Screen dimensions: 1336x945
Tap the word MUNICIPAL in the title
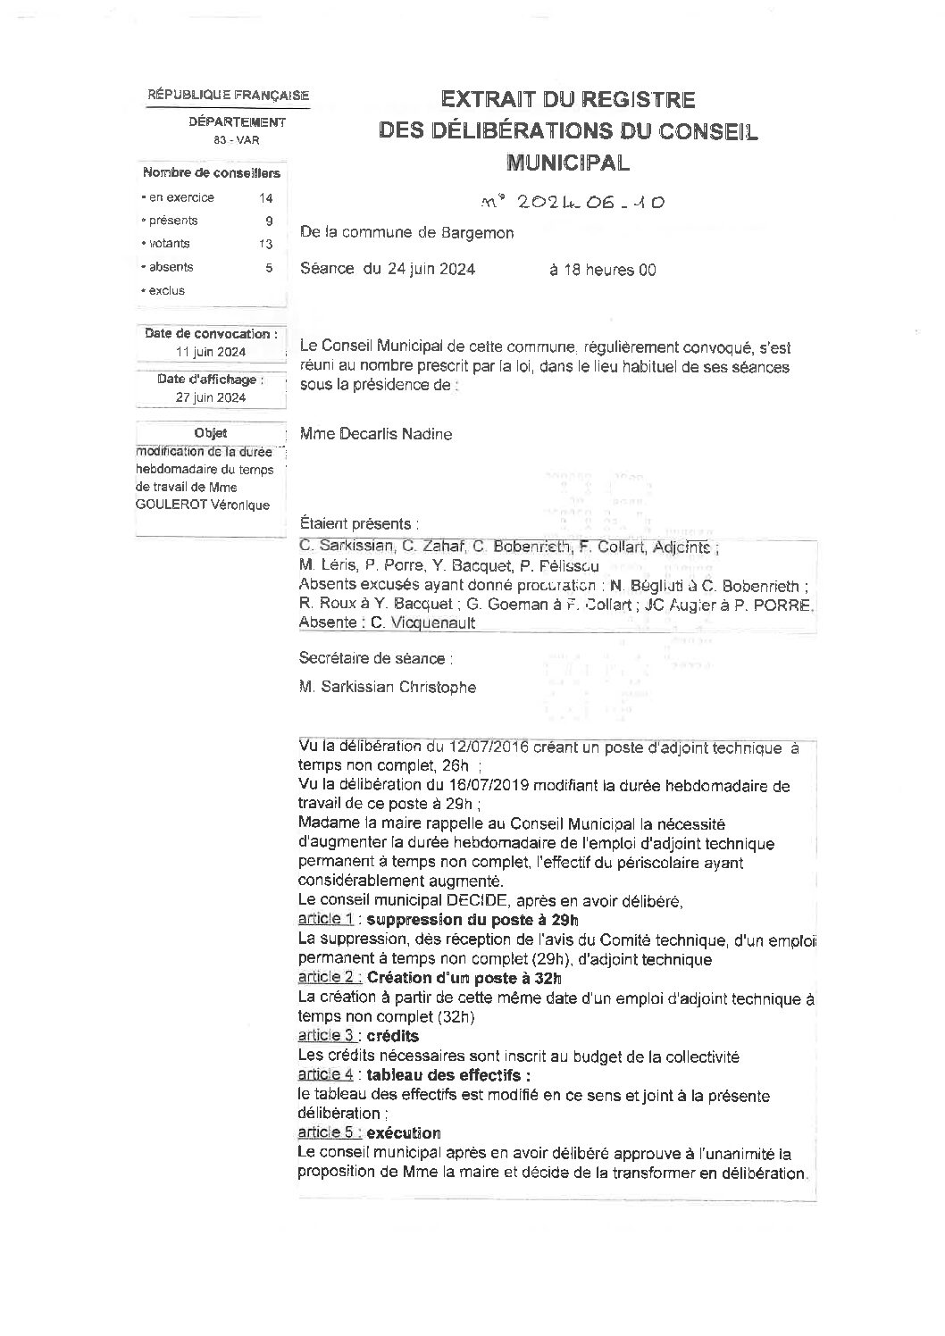[x=567, y=163]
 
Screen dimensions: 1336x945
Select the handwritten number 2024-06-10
[x=572, y=203]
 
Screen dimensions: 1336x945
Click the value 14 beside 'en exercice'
[x=266, y=198]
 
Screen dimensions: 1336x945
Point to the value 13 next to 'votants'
[x=265, y=244]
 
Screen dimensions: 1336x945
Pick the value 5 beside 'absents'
[x=268, y=267]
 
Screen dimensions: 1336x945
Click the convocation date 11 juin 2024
[x=211, y=352]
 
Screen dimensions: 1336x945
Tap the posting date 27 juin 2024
[x=211, y=397]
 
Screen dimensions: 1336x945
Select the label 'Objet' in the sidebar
[x=211, y=433]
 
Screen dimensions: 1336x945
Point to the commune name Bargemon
[x=478, y=233]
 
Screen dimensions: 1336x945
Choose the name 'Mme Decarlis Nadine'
[x=377, y=435]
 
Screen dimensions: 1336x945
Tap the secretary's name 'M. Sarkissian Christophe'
[x=389, y=687]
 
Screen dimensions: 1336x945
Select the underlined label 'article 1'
[x=326, y=919]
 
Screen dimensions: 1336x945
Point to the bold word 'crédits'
[x=393, y=1036]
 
